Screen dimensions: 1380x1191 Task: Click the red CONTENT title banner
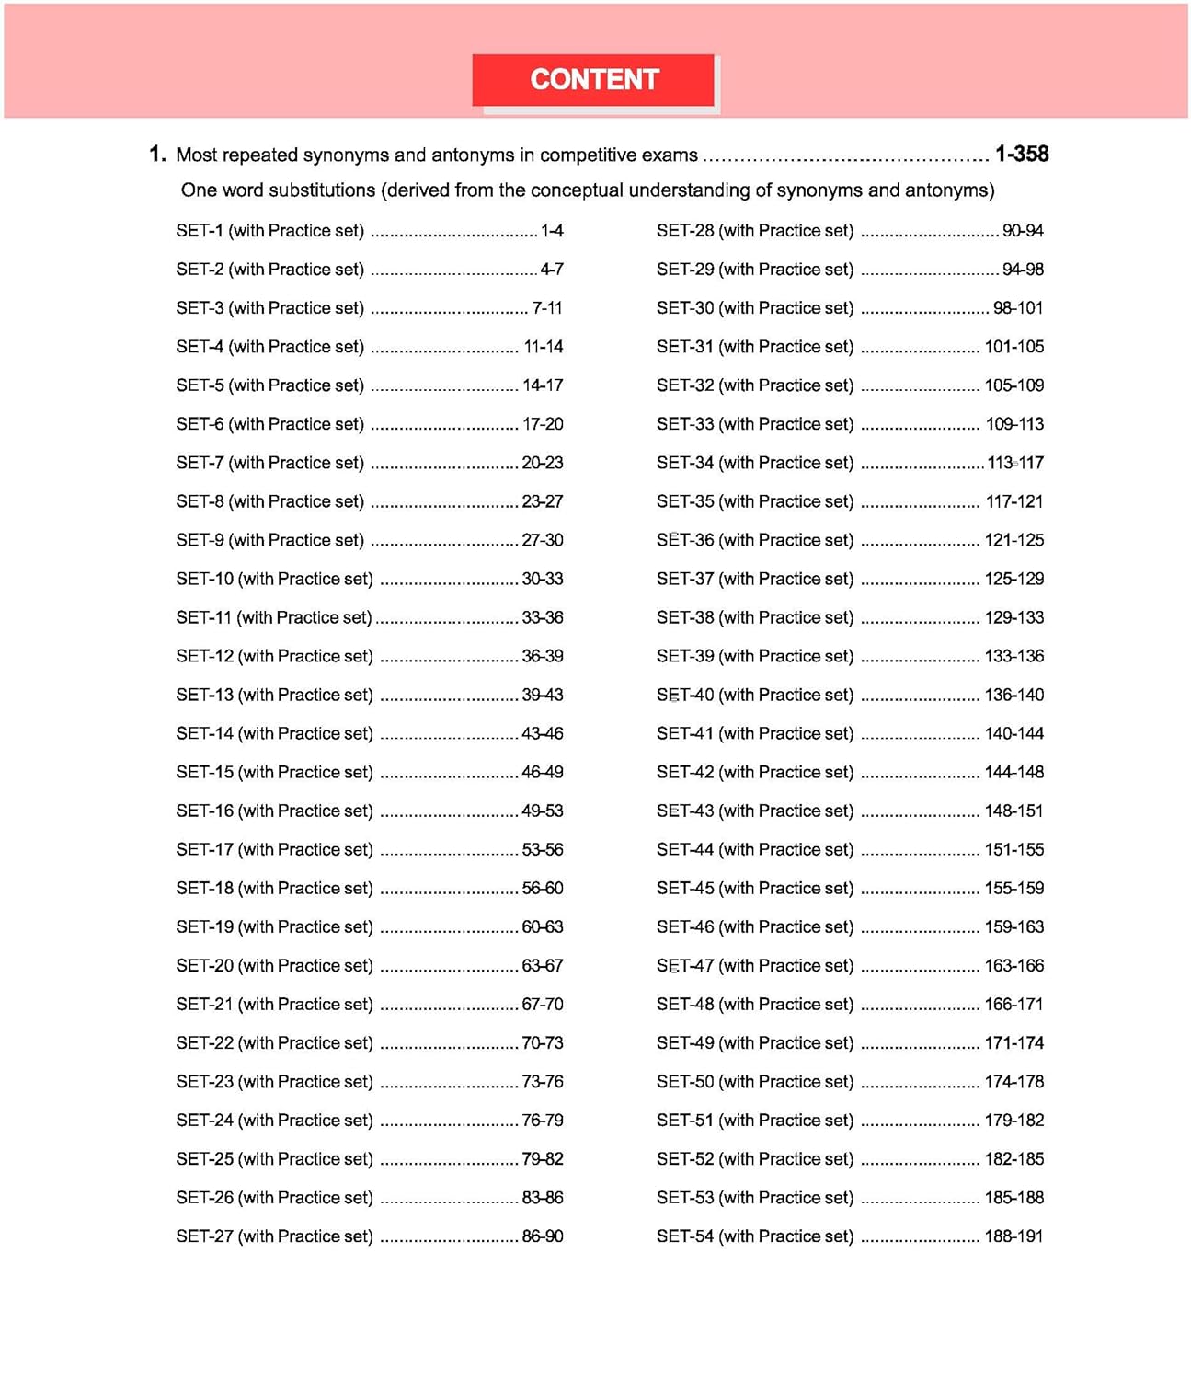(x=593, y=80)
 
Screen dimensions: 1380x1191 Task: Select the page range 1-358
(x=1021, y=154)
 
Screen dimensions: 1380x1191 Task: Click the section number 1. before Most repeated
(x=157, y=154)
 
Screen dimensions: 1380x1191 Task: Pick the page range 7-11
(x=547, y=308)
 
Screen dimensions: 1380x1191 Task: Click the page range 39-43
(x=543, y=695)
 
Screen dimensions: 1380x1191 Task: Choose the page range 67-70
(x=543, y=1004)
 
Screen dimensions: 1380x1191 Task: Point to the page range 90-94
(x=1023, y=231)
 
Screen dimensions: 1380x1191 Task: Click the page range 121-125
(x=1014, y=540)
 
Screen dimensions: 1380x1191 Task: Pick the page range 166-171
(x=1014, y=1004)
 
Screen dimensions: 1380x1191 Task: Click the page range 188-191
(x=1014, y=1236)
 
